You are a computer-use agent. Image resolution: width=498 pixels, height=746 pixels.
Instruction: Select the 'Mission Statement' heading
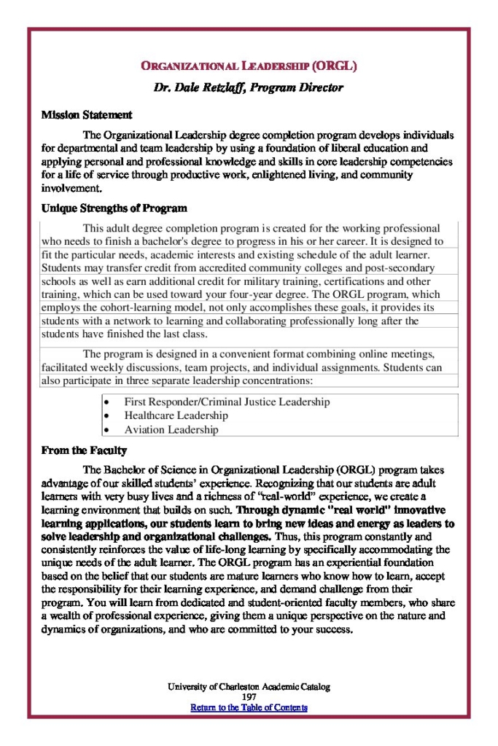click(x=87, y=115)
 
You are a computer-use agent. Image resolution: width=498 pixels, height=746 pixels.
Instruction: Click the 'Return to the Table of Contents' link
click(x=249, y=707)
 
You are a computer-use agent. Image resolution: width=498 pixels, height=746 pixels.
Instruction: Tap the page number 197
click(x=249, y=697)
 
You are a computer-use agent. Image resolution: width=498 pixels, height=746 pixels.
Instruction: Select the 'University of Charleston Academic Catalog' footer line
click(x=249, y=687)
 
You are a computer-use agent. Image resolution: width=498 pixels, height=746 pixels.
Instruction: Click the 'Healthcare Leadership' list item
click(x=176, y=415)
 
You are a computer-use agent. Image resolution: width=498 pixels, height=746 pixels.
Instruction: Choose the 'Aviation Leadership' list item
click(x=171, y=430)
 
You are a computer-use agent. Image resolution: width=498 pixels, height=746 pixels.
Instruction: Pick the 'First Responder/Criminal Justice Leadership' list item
click(x=227, y=401)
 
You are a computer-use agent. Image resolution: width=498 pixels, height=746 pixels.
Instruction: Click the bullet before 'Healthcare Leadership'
click(x=107, y=416)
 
